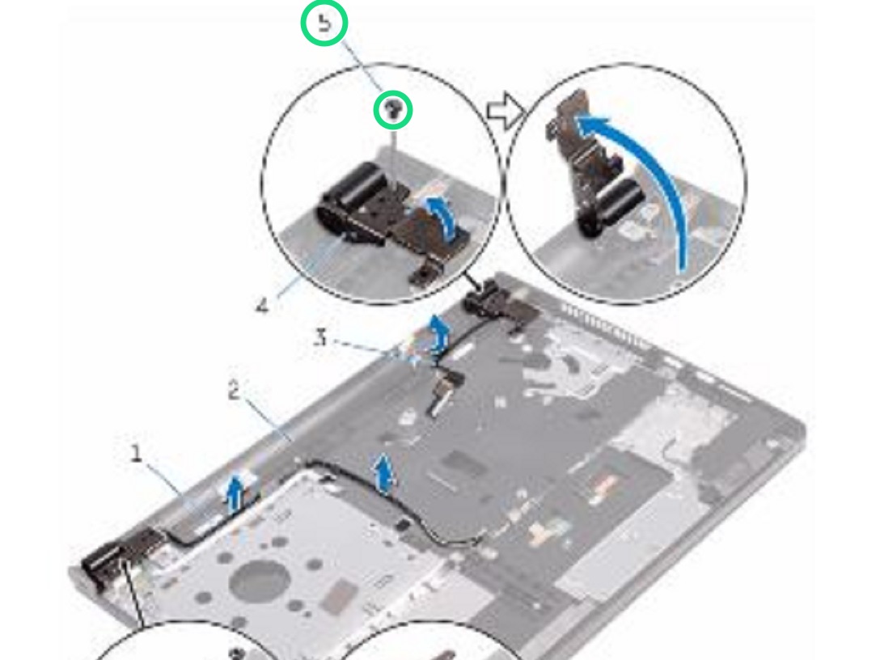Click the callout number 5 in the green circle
click(x=324, y=24)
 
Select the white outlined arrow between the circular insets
click(x=504, y=113)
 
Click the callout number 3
click(x=321, y=339)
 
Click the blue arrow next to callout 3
click(x=438, y=332)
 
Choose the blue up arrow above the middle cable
click(x=387, y=472)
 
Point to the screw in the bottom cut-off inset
click(x=235, y=652)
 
